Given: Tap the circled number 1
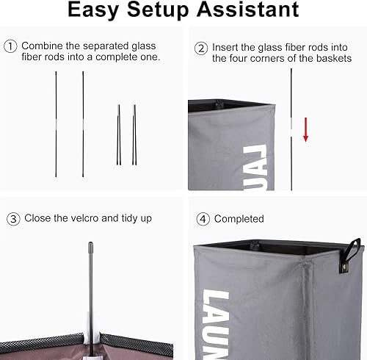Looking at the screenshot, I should click(x=10, y=46).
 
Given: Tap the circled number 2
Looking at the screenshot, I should click(x=200, y=48).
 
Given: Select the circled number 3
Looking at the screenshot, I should click(x=13, y=218).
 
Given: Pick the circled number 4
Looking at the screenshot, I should click(x=202, y=218).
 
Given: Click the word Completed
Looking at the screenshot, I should click(x=239, y=219).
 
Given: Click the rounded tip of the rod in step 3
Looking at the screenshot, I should click(x=90, y=247).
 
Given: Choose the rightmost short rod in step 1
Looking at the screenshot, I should click(x=134, y=134).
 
